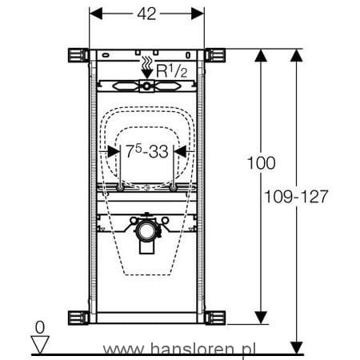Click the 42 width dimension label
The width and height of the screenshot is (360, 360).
(x=146, y=14)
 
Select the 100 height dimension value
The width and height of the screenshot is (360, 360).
(x=262, y=163)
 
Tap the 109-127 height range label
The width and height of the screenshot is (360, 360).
(x=296, y=197)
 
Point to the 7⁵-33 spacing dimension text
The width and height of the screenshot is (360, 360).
(x=147, y=151)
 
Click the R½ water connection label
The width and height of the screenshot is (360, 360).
(x=172, y=71)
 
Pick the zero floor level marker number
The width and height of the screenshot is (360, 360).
(x=40, y=327)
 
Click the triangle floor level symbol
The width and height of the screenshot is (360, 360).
(x=40, y=345)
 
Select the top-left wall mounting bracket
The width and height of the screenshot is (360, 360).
(x=78, y=55)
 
